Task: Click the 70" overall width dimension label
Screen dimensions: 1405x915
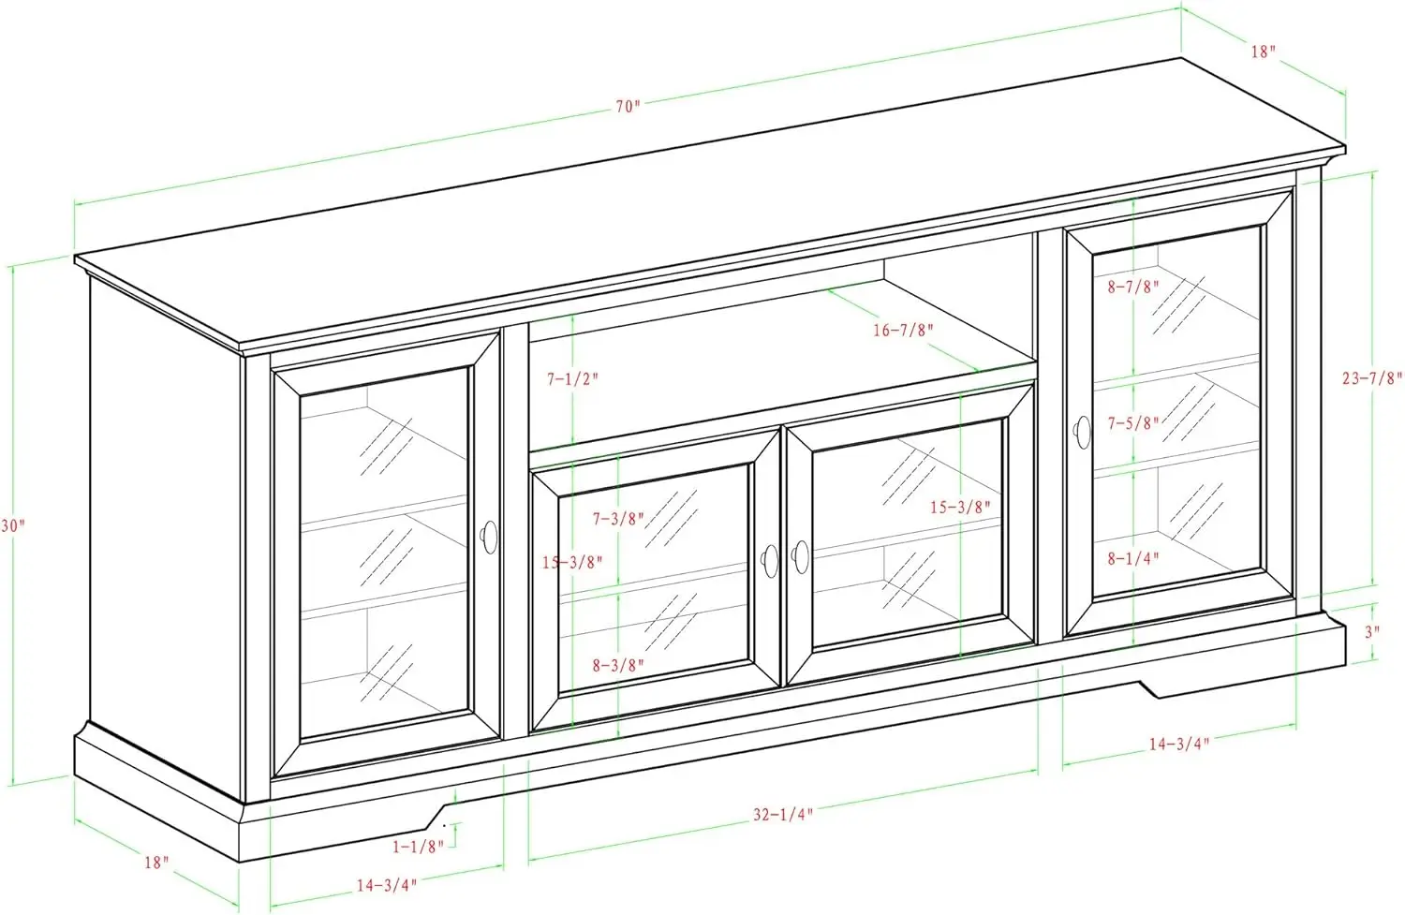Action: coord(628,106)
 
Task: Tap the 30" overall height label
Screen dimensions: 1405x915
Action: coord(12,526)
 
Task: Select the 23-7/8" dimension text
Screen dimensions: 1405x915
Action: coord(1372,378)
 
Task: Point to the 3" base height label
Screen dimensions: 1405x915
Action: coord(1371,631)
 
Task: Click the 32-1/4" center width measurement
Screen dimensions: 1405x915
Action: coord(781,814)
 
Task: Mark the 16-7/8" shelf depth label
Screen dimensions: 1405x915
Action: coord(903,330)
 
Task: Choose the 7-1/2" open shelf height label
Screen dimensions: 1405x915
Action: coord(572,379)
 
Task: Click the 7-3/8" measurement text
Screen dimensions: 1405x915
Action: coord(618,518)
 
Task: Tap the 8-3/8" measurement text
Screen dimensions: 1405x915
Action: coord(618,666)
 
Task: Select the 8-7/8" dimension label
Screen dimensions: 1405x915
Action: coord(1133,288)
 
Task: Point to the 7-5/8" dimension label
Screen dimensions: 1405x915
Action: coord(1133,422)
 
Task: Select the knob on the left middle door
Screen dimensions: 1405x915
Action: coord(769,559)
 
